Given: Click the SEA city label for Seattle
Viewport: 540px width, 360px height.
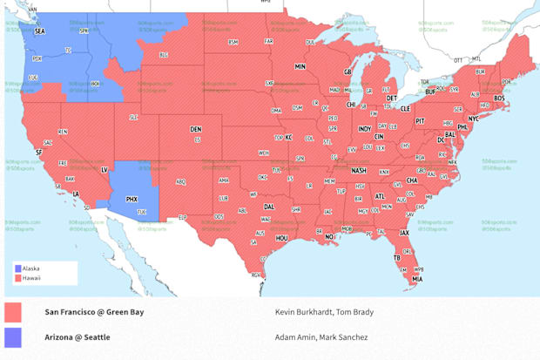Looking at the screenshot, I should (x=39, y=31).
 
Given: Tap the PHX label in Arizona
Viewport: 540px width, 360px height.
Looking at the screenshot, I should (x=132, y=200).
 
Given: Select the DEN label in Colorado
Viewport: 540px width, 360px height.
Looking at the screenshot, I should (x=196, y=130).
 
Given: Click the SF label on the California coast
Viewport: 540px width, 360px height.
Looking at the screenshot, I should (x=38, y=152).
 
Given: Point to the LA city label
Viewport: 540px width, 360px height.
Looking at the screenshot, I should (x=76, y=194).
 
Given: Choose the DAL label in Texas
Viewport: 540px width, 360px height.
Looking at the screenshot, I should (x=269, y=207).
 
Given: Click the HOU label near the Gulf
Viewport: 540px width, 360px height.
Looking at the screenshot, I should (x=281, y=237).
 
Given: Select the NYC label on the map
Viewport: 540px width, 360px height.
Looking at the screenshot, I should (x=473, y=119).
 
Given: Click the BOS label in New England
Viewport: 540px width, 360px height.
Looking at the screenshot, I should (x=499, y=98).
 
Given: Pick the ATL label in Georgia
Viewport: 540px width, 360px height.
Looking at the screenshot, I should (x=380, y=197).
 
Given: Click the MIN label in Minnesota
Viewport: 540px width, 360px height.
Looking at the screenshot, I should (x=300, y=66).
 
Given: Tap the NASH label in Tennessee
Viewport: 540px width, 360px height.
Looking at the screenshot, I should (x=359, y=171).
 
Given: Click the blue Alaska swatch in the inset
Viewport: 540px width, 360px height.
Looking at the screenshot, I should (x=18, y=268).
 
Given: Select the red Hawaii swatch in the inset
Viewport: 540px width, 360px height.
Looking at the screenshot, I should (x=18, y=278).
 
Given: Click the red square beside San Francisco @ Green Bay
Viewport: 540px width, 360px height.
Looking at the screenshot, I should (x=13, y=312).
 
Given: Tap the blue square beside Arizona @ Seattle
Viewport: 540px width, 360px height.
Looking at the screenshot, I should (x=13, y=337).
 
